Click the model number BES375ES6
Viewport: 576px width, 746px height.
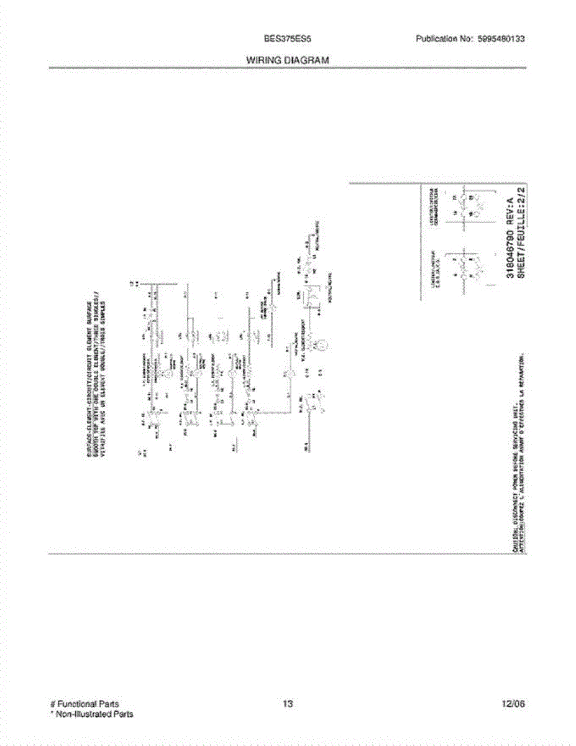pos(287,39)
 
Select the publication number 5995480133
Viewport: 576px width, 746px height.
pos(501,39)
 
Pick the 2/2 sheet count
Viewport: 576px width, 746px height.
pos(521,191)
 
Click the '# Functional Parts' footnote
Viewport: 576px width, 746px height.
pos(85,704)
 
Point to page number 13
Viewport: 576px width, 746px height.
pos(287,704)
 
